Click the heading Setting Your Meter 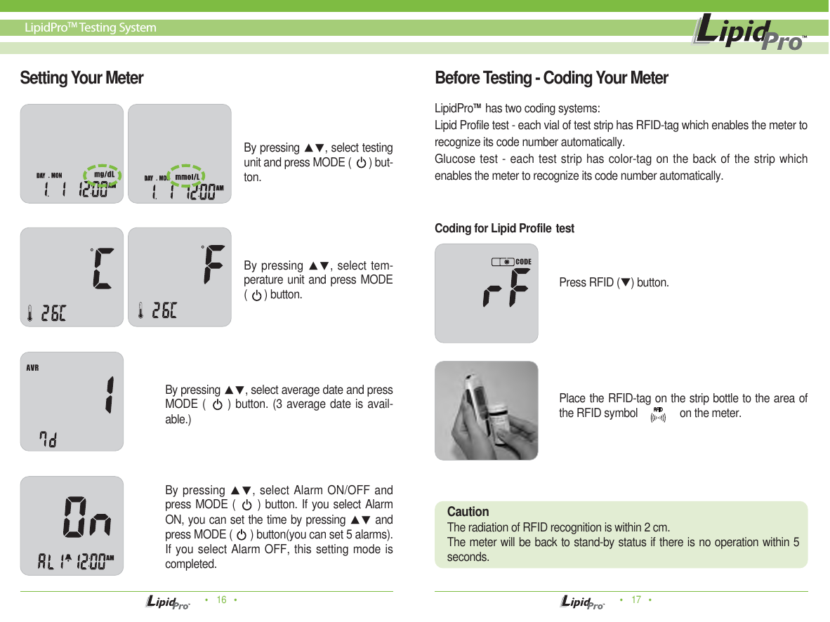pos(81,78)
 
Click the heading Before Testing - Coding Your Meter pos(551,78)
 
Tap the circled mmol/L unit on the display pos(190,176)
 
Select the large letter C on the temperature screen pos(101,267)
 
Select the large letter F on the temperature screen pos(212,265)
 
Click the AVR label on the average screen pos(32,367)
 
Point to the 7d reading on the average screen pos(48,439)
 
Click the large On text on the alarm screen pos(87,517)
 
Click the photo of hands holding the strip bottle pos(486,411)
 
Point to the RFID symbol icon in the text pos(658,414)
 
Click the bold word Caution pos(468,512)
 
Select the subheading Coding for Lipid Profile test pos(504,228)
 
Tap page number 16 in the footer pos(221,600)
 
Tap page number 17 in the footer pos(636,600)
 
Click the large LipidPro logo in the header pos(749,34)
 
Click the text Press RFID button pos(614,283)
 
